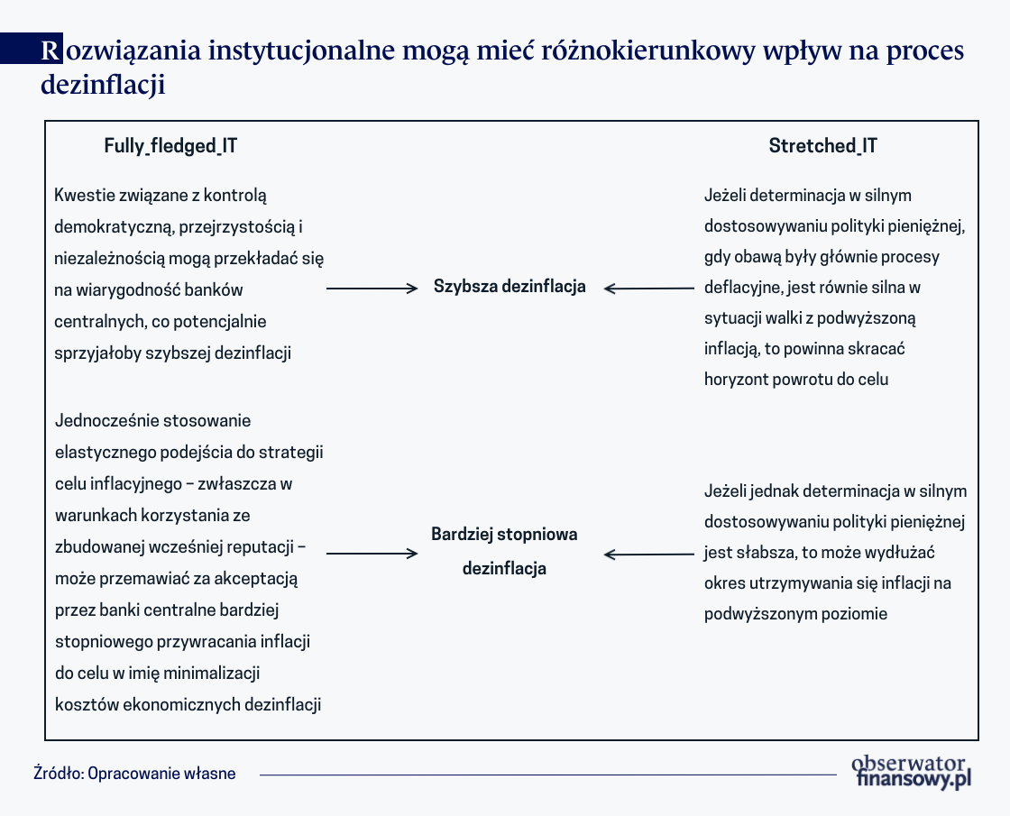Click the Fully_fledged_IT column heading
click(x=170, y=146)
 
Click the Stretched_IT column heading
click(x=822, y=146)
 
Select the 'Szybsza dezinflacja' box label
click(x=510, y=287)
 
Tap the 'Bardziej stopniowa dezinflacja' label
click(x=504, y=551)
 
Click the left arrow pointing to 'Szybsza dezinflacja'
click(x=372, y=289)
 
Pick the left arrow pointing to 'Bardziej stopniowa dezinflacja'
click(x=372, y=554)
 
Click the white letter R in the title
click(x=52, y=50)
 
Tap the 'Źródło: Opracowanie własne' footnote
click(x=134, y=774)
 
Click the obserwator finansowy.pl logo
click(x=913, y=772)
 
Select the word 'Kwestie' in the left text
click(x=83, y=196)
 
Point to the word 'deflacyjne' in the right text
click(x=742, y=288)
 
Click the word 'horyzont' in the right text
click(x=738, y=380)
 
